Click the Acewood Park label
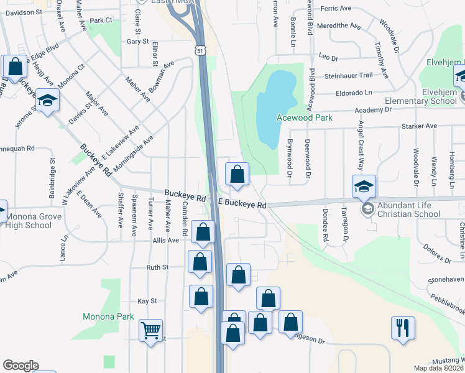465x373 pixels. pyautogui.click(x=305, y=117)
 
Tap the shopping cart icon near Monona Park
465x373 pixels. pyautogui.click(x=151, y=330)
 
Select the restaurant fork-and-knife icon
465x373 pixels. pyautogui.click(x=403, y=327)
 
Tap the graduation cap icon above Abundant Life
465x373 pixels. pyautogui.click(x=364, y=185)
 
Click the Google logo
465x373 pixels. pyautogui.click(x=21, y=366)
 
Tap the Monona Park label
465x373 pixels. pyautogui.click(x=108, y=316)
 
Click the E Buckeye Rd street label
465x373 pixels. pyautogui.click(x=242, y=204)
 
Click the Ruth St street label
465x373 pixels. pyautogui.click(x=157, y=267)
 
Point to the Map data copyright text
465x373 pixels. pyautogui.click(x=439, y=367)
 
